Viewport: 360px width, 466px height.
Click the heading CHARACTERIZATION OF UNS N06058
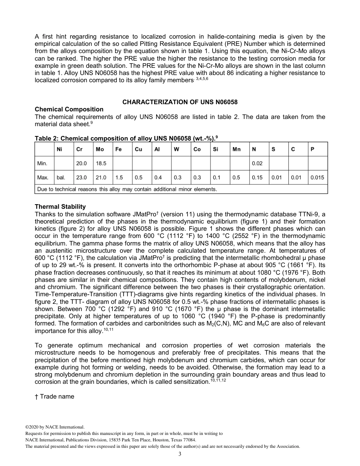coord(180,102)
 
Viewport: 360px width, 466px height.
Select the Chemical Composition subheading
coord(69,109)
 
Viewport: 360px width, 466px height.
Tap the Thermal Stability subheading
coord(60,206)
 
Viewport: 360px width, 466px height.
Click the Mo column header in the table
coord(100,149)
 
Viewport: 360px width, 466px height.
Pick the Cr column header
coord(80,149)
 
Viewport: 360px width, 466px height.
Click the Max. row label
coord(42,177)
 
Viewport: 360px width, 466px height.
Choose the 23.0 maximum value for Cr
coord(81,177)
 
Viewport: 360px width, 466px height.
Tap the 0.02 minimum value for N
coord(257,163)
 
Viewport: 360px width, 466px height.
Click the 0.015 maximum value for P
coord(317,177)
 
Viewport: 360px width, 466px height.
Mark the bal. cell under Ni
coord(61,177)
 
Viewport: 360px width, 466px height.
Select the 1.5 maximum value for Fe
coord(119,177)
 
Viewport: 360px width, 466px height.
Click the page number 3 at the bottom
coord(180,454)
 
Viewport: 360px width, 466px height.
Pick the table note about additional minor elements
coord(127,189)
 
